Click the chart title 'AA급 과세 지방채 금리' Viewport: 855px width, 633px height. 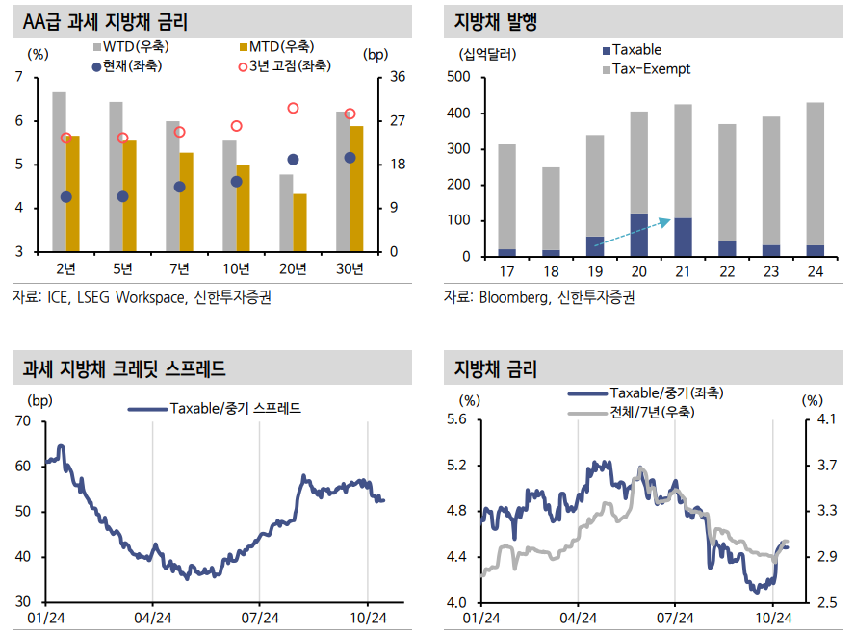[x=106, y=20]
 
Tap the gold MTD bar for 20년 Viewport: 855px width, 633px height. [x=300, y=222]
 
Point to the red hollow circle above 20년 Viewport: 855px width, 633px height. [x=293, y=109]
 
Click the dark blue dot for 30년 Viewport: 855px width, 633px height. [x=350, y=158]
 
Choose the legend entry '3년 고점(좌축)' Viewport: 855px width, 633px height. [x=290, y=65]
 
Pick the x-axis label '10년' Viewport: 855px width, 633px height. [x=236, y=267]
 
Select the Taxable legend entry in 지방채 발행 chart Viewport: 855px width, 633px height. [x=636, y=50]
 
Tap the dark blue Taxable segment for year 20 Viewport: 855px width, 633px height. [x=638, y=235]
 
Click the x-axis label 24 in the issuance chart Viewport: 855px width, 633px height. [x=815, y=273]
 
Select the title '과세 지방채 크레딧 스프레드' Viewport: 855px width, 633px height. [x=123, y=368]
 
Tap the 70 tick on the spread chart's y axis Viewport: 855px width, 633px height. [x=22, y=420]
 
